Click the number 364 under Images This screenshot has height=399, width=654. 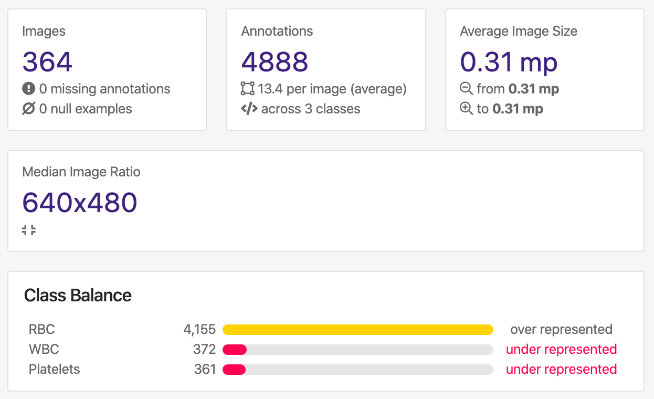[x=47, y=61]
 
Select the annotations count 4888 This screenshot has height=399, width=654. [x=275, y=61]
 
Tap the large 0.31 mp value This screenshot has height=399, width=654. [x=509, y=61]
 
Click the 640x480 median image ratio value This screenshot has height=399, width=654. [x=80, y=202]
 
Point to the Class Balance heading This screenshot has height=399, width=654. [x=78, y=296]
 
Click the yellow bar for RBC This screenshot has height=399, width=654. [x=357, y=330]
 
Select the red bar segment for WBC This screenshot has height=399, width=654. [x=235, y=350]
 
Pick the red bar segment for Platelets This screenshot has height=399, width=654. [x=234, y=370]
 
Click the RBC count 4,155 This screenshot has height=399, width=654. [x=199, y=330]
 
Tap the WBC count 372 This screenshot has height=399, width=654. [x=204, y=350]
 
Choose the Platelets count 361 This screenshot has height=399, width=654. [x=205, y=370]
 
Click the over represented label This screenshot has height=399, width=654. [x=561, y=330]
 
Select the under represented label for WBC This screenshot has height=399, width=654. [x=561, y=350]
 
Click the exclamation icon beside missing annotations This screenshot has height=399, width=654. [x=28, y=89]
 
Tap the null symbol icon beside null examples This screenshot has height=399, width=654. [x=28, y=109]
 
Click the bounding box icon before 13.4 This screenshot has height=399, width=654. [x=247, y=89]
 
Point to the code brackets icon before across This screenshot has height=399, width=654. [x=249, y=109]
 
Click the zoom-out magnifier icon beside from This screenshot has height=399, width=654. [x=466, y=89]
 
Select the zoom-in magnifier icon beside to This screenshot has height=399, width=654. [x=466, y=109]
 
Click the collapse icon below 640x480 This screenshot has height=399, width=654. [x=29, y=230]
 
